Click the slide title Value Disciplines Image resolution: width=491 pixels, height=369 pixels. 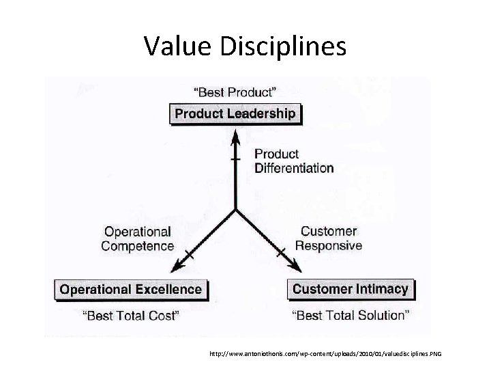tap(245, 46)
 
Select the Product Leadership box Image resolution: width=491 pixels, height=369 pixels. tap(235, 113)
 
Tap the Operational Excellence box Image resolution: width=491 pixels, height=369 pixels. tap(131, 289)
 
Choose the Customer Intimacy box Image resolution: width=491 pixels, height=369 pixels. tap(350, 289)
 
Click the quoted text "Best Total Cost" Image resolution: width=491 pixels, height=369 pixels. tap(131, 315)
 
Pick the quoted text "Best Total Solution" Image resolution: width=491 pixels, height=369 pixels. tap(351, 315)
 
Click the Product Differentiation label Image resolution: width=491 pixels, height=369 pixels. tap(294, 161)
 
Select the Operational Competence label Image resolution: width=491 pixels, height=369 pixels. tap(137, 238)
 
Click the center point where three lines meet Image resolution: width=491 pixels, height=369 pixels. tap(235, 209)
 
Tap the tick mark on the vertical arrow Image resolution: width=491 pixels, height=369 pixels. tap(235, 159)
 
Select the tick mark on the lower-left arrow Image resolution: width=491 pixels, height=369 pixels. tap(190, 254)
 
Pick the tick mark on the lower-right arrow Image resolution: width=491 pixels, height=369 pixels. tap(281, 254)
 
